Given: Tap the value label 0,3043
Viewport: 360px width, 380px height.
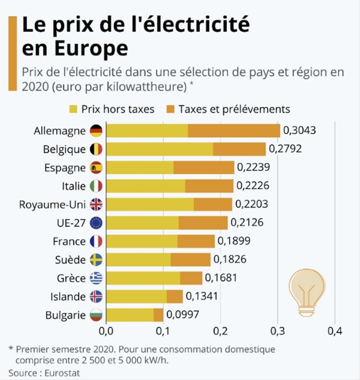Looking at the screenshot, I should [300, 131].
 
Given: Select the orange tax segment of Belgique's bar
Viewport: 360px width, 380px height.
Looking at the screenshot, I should [239, 149].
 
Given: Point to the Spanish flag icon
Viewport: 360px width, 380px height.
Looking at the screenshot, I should [96, 168].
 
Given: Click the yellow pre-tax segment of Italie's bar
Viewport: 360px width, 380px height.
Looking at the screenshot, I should [145, 186].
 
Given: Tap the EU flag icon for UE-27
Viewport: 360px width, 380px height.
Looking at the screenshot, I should [96, 223].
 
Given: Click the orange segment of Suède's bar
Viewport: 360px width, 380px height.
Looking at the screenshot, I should [190, 260].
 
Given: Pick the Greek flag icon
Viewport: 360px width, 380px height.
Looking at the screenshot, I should [96, 278].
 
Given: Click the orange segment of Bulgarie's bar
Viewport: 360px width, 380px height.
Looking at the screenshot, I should [159, 315].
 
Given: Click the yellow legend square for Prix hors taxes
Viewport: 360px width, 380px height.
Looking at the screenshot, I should [73, 109].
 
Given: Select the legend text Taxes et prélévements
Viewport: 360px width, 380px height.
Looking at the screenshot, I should [234, 109].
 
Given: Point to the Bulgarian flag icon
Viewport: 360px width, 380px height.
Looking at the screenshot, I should [96, 315].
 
